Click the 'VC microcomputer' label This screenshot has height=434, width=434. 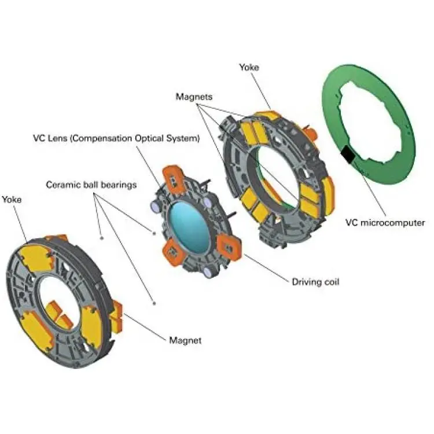(x=385, y=223)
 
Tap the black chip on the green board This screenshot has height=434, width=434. (x=348, y=155)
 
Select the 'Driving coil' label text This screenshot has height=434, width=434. (x=315, y=282)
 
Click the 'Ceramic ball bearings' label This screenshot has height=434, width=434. (x=91, y=185)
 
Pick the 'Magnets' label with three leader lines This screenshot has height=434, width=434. (x=194, y=97)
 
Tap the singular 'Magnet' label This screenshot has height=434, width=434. (x=185, y=340)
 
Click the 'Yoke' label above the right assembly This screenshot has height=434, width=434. (x=249, y=67)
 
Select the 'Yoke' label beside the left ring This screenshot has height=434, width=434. (x=12, y=200)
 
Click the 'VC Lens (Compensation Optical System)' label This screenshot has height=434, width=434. (x=116, y=138)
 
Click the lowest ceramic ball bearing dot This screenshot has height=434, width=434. (x=154, y=303)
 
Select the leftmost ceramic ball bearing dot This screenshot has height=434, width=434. (x=102, y=238)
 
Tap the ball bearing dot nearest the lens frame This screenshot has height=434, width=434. (x=154, y=233)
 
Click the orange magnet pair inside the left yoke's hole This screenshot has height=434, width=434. (x=58, y=314)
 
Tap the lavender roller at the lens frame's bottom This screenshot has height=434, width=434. (x=208, y=272)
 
